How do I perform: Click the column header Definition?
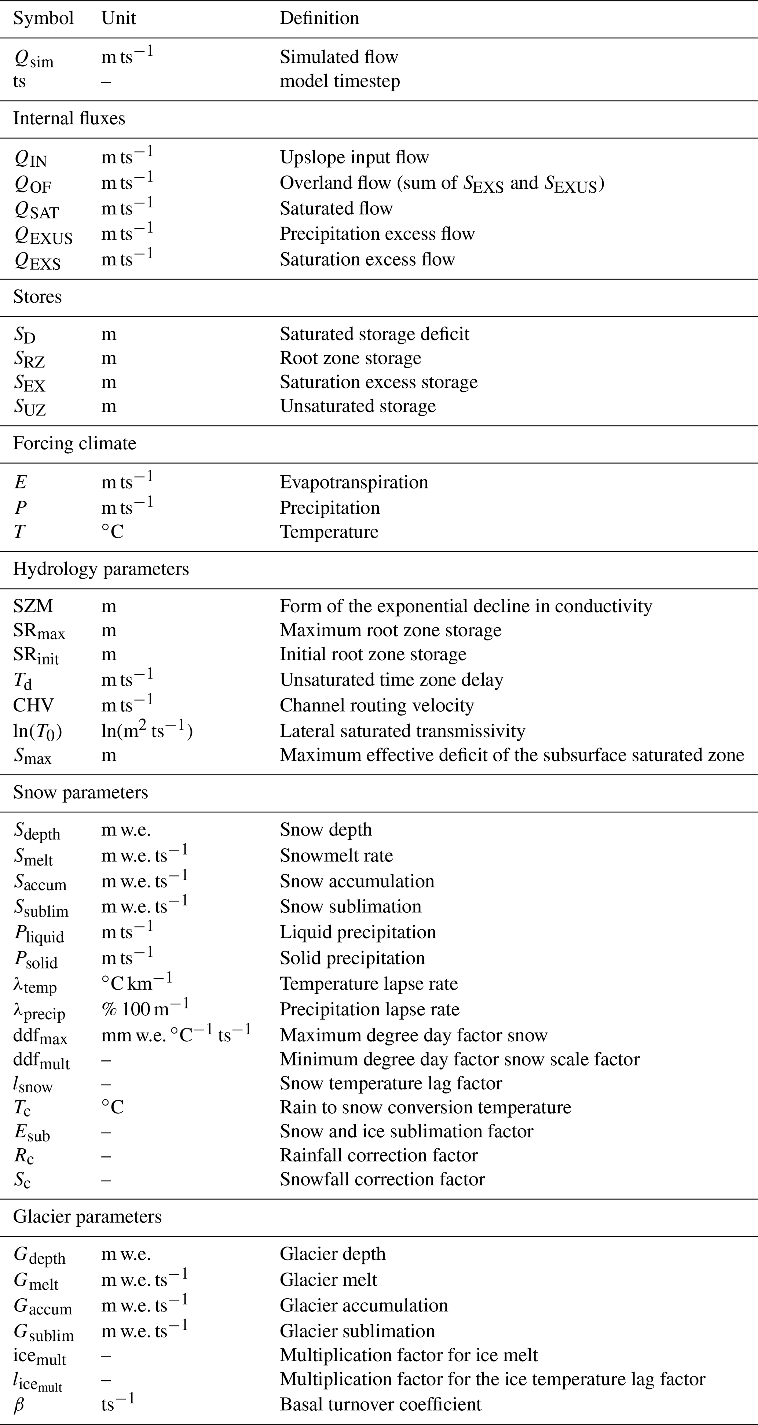(x=319, y=18)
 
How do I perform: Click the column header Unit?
(x=118, y=18)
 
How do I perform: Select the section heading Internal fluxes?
(x=69, y=118)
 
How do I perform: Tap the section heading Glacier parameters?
(x=88, y=1217)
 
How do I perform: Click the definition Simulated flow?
(x=339, y=57)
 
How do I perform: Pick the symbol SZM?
(x=33, y=606)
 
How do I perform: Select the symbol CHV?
(x=33, y=705)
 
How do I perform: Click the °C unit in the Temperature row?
(x=113, y=532)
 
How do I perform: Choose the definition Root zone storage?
(x=351, y=358)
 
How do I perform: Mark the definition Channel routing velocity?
(x=377, y=705)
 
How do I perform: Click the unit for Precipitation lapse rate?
(x=145, y=1008)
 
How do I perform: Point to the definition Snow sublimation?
(x=351, y=907)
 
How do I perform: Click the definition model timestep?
(x=340, y=81)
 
